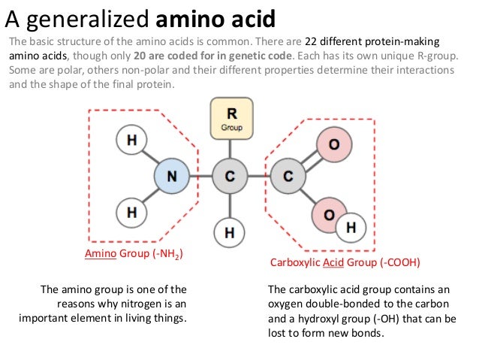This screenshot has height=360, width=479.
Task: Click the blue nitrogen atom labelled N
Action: [x=171, y=177]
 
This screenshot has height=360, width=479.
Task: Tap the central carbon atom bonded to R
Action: [x=230, y=177]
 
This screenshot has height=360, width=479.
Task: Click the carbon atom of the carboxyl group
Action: [x=287, y=177]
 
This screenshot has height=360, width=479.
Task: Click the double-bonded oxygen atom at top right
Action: [x=333, y=144]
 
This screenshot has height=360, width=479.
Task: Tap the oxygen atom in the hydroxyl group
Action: [x=329, y=213]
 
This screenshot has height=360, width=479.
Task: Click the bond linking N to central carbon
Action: [x=200, y=177]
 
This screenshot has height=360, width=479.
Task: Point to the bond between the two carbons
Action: [x=258, y=177]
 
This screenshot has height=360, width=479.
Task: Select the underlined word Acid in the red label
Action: [x=333, y=264]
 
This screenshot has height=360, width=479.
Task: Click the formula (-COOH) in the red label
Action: [x=399, y=264]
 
